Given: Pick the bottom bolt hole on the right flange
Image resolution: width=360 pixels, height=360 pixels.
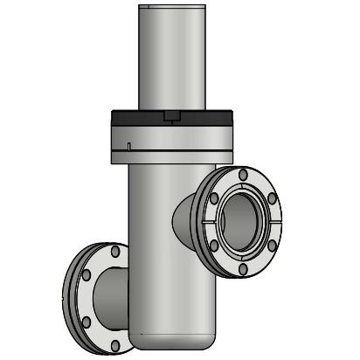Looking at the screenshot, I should [x=242, y=267].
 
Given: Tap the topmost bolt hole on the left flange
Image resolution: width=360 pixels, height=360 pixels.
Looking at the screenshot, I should [x=115, y=252].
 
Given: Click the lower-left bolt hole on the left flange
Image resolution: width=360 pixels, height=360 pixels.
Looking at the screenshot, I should [x=86, y=322].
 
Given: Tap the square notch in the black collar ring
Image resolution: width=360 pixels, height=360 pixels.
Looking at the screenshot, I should [x=171, y=115].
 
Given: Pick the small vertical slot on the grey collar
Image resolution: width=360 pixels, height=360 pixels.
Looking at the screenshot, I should [x=128, y=144].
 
